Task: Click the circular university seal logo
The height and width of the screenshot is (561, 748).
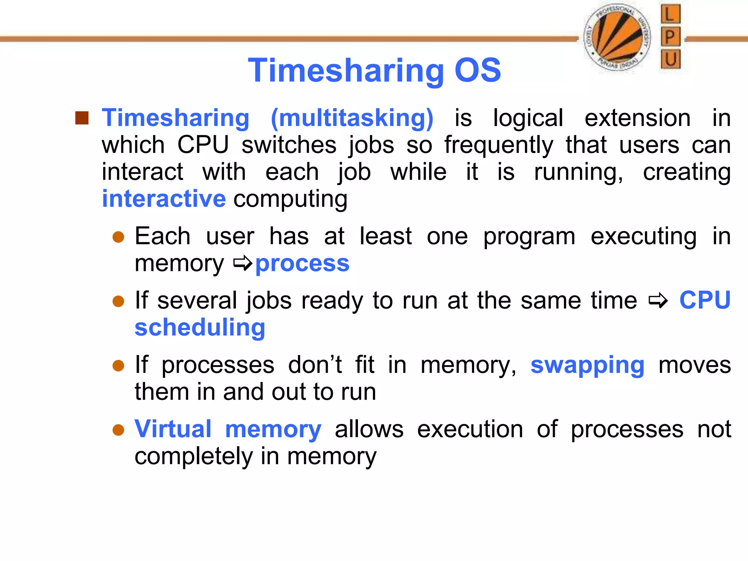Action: (x=617, y=38)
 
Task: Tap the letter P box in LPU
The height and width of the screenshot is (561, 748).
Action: (x=671, y=37)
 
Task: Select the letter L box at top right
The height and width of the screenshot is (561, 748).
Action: (x=671, y=14)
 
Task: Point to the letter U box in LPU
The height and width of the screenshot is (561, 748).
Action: (x=671, y=59)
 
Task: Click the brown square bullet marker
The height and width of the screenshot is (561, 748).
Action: (x=82, y=118)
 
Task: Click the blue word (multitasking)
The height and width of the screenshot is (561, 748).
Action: (x=352, y=118)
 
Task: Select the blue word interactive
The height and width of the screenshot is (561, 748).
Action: (x=164, y=199)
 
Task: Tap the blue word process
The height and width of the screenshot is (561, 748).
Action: (x=302, y=263)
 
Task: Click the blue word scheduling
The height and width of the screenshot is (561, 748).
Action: (x=200, y=328)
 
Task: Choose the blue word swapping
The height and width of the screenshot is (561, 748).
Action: (x=587, y=365)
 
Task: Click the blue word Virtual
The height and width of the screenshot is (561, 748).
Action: (x=173, y=429)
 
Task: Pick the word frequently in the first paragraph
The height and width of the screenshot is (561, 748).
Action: (x=499, y=145)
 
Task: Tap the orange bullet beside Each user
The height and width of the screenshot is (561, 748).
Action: (x=118, y=237)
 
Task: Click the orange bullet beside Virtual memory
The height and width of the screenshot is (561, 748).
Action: (x=118, y=430)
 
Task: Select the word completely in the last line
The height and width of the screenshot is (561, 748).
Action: (x=194, y=457)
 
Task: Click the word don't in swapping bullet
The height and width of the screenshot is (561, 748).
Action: (x=314, y=365)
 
